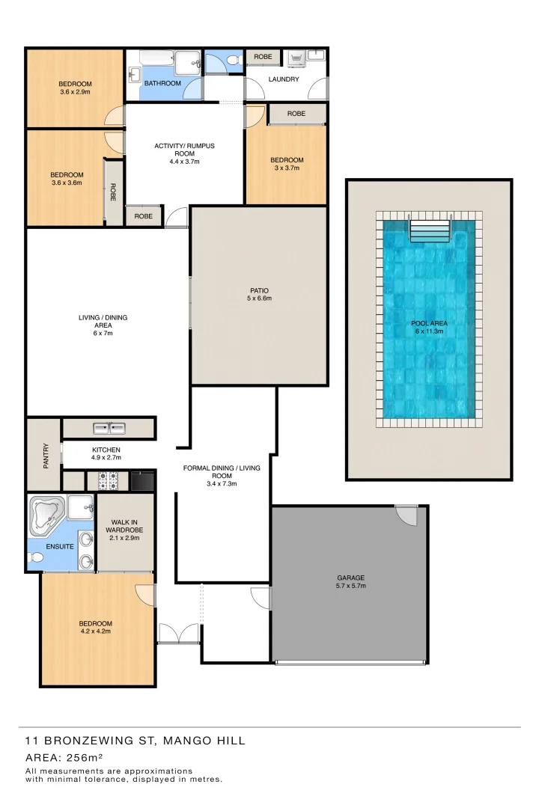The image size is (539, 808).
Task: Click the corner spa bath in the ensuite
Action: pos(47,515)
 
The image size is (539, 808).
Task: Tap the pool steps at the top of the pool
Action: pos(430,230)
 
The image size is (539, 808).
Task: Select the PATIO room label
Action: pos(260,290)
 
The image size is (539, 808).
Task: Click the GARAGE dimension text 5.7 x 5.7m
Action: pos(350,586)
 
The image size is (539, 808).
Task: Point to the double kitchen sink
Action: pos(109,428)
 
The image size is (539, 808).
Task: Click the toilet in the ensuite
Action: pos(34,558)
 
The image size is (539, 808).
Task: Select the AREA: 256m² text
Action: pos(64,757)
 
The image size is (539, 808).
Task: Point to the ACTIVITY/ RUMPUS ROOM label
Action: pos(184,150)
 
